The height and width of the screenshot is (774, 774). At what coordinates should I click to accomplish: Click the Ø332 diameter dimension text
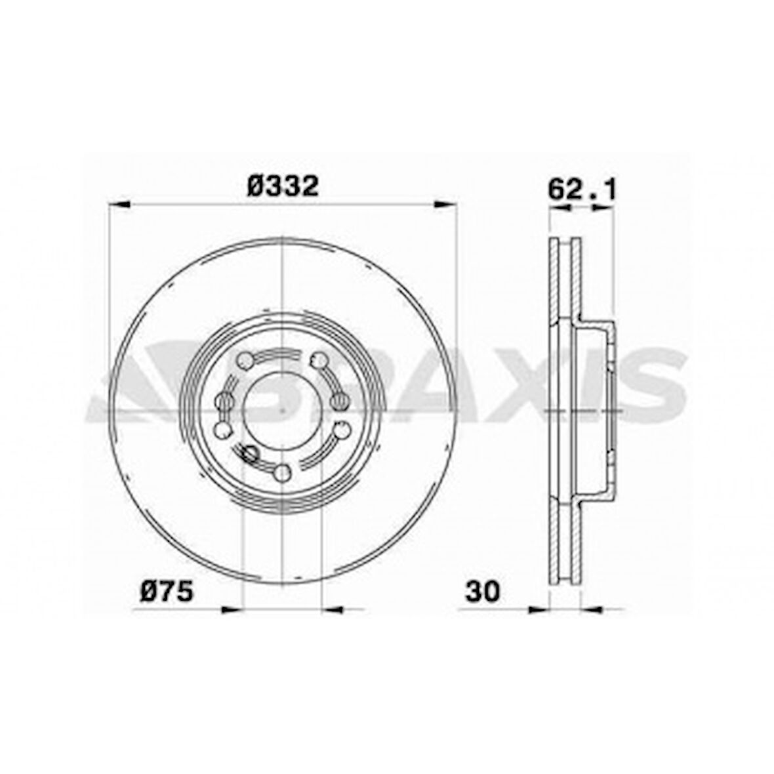coord(283,186)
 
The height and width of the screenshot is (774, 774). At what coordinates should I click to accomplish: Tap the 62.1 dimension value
coord(582,190)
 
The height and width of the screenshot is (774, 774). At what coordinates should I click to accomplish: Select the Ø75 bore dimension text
coord(167,592)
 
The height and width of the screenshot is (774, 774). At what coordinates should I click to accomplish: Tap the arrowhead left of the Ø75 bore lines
coord(232,610)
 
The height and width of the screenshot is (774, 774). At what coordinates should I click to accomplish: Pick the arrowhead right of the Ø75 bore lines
coord(332,610)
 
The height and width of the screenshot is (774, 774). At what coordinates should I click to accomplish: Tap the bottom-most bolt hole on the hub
coord(282,472)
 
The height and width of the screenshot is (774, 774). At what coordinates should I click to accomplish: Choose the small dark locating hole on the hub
coord(249,452)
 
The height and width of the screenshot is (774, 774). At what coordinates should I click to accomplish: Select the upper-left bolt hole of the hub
coord(244,360)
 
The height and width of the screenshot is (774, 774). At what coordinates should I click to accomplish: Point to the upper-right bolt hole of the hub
coord(319,360)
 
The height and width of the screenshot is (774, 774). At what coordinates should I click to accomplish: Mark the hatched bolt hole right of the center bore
coord(339,401)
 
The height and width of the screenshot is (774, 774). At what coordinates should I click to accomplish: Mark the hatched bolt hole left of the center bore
coord(225,401)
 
